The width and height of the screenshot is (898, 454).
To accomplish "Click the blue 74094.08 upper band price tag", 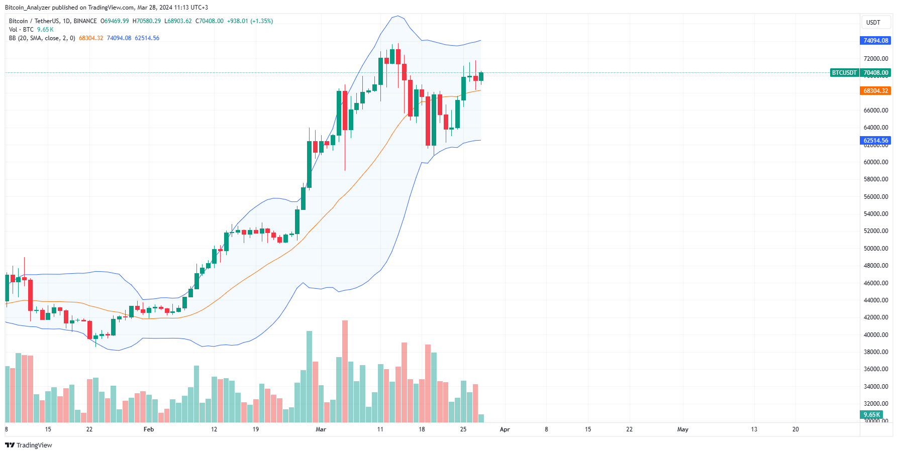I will (875, 41).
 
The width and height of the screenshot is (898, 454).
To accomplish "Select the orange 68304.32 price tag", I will (875, 91).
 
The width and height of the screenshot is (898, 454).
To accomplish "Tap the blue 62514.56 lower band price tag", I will (875, 141).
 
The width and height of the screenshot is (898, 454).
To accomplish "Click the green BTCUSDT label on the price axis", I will (844, 73).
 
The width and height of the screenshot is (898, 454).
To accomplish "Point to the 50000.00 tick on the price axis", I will (875, 249).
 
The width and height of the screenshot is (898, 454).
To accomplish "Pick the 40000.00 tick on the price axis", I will (875, 335).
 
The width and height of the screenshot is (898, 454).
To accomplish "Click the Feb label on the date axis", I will (149, 429).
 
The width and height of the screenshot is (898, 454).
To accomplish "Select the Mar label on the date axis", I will (321, 429).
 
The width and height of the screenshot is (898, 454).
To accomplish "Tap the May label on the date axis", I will (682, 429).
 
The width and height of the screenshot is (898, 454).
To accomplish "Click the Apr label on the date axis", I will (505, 429).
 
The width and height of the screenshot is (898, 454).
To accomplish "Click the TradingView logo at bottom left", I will (29, 445).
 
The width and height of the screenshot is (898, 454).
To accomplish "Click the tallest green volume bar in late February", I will (309, 377).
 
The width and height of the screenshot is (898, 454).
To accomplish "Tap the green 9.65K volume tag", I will (871, 415).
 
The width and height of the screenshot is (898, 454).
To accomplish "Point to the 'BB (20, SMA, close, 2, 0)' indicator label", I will (42, 38).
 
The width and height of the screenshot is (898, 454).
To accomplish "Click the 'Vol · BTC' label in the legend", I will (21, 30).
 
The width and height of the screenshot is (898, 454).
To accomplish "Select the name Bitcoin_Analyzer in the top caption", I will (27, 8).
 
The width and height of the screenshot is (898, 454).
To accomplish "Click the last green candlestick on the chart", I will (481, 76).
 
